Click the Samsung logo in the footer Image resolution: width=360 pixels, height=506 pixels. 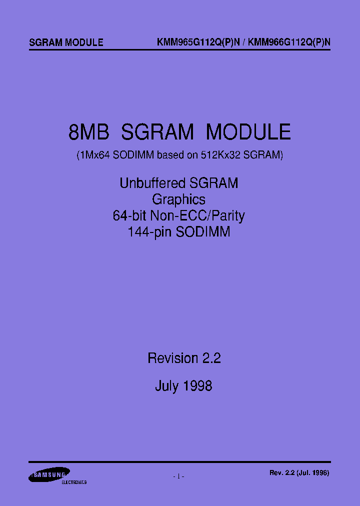[x=48, y=475]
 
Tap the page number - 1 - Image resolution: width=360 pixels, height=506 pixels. [x=178, y=476]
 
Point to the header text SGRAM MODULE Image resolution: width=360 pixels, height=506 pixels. [x=66, y=42]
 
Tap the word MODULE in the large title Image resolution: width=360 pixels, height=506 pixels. [x=248, y=132]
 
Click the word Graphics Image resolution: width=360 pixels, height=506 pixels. [x=178, y=199]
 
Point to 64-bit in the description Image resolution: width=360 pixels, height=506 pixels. [x=129, y=216]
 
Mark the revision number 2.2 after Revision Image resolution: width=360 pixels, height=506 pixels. [x=211, y=358]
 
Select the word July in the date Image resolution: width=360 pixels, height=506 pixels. [x=166, y=386]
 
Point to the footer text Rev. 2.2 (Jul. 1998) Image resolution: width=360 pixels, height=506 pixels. [x=299, y=472]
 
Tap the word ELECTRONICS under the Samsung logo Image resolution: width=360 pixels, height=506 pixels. [x=73, y=482]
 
